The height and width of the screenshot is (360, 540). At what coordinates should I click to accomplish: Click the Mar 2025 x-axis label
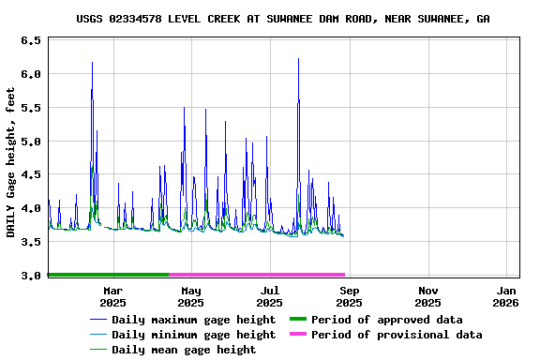pos(112,296)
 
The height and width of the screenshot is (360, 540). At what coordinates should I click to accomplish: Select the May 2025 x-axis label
pos(190,296)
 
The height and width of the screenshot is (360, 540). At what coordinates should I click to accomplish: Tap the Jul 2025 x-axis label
pos(269,296)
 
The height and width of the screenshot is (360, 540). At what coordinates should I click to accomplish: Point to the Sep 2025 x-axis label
pos(349,296)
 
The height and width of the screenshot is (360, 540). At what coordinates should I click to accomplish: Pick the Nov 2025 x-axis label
pos(427,296)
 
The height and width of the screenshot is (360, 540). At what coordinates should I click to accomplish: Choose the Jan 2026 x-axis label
pos(506,296)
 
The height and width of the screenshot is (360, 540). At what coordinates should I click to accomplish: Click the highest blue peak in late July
pos(298,60)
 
